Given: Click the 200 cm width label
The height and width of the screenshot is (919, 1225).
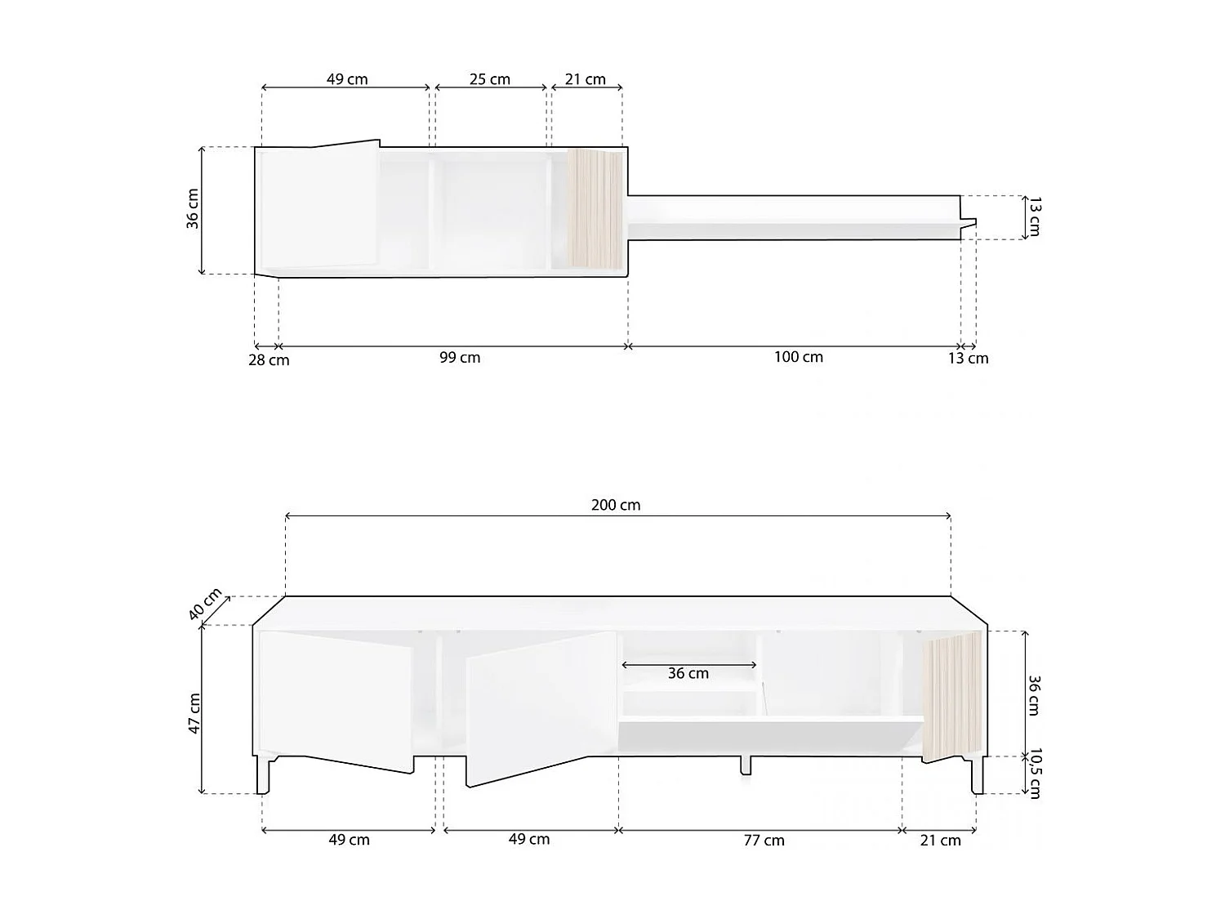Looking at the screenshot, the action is click(x=616, y=505).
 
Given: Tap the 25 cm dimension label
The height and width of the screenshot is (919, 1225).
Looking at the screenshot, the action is click(x=489, y=79).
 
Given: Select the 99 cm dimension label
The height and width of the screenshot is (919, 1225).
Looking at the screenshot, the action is click(x=459, y=357).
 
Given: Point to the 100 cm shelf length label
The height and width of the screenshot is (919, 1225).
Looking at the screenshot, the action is click(x=798, y=356).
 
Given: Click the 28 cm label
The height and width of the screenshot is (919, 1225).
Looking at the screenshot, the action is click(x=269, y=360).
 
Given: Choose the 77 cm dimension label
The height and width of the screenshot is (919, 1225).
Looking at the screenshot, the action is click(x=764, y=841).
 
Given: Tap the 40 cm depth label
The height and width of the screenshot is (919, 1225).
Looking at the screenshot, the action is click(x=205, y=603).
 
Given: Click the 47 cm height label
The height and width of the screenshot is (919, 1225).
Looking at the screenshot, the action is click(x=194, y=713).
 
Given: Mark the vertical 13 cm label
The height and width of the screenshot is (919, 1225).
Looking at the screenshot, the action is click(x=1034, y=216).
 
